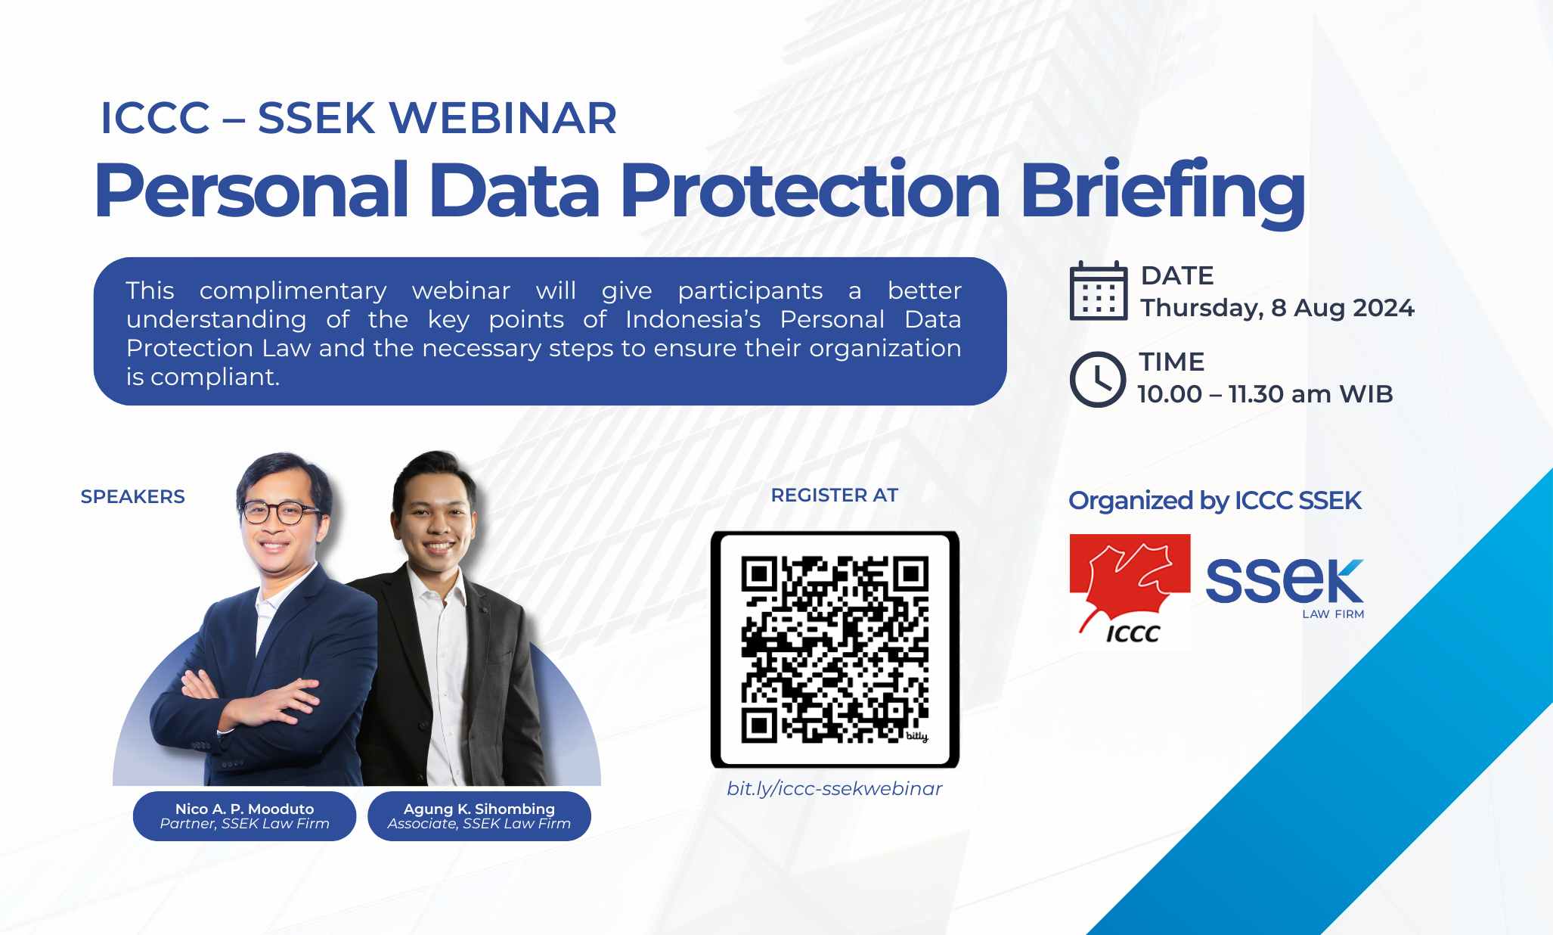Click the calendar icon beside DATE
[x=1099, y=291]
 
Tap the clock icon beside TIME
[x=1098, y=379]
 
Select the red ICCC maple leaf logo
[x=1130, y=590]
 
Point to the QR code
[x=835, y=649]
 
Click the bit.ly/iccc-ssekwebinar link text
[x=835, y=788]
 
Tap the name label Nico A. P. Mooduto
[x=244, y=809]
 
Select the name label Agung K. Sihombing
[x=479, y=809]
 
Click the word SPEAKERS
[x=133, y=496]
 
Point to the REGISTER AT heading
[x=835, y=495]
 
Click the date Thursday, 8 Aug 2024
[x=1277, y=308]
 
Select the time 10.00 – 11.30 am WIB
[x=1265, y=394]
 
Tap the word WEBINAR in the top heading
[x=503, y=118]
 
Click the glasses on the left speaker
[x=279, y=512]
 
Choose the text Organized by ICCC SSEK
[x=1215, y=501]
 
